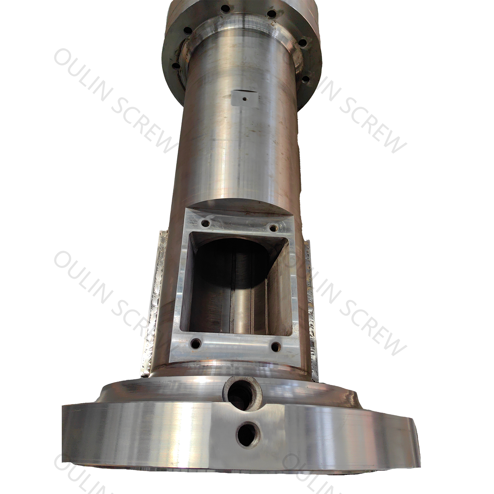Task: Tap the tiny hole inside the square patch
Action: [245, 99]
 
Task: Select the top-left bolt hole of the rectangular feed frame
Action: [204, 222]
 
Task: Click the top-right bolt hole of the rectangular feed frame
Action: [273, 228]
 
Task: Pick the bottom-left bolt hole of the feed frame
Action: [195, 343]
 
